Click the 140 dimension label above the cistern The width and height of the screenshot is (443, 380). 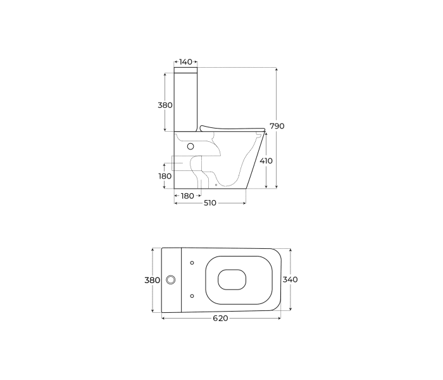tap(185, 61)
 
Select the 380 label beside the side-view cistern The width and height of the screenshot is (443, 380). tap(165, 105)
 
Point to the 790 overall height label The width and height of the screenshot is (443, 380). tap(277, 126)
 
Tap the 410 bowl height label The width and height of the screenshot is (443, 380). tap(266, 161)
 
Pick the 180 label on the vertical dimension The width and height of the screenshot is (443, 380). tap(165, 176)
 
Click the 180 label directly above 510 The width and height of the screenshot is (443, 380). tap(187, 196)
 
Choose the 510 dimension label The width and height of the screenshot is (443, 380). tap(210, 203)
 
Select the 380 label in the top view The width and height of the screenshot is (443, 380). tap(153, 280)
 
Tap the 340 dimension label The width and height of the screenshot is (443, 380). tap(290, 280)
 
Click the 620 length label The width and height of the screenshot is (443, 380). tap(220, 319)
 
